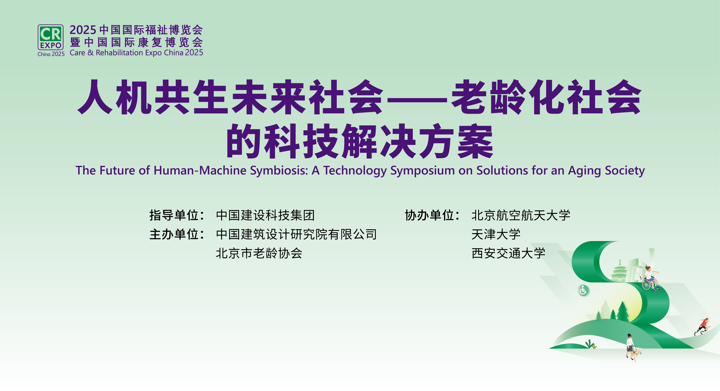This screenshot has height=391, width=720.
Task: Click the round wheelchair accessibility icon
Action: click(x=583, y=290)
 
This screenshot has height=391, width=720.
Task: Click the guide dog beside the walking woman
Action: click(x=636, y=353)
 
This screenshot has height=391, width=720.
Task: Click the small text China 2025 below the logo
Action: click(x=51, y=54)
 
